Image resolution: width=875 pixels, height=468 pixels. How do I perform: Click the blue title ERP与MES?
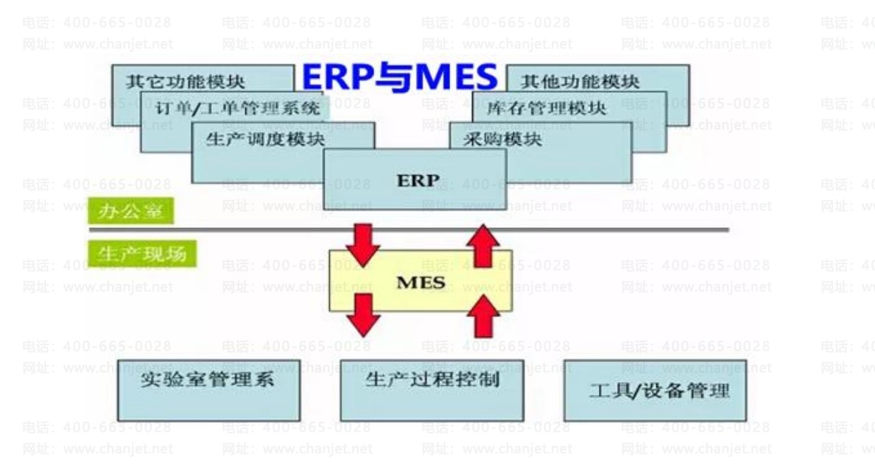tap(400, 78)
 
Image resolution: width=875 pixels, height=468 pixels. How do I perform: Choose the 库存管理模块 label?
tap(547, 108)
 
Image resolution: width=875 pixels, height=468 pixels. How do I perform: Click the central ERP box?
tap(415, 180)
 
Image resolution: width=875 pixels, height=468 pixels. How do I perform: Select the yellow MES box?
tap(421, 281)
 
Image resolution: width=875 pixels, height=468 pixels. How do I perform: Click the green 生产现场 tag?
tap(142, 252)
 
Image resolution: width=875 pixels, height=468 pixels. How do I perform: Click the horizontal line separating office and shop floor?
tap(589, 230)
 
